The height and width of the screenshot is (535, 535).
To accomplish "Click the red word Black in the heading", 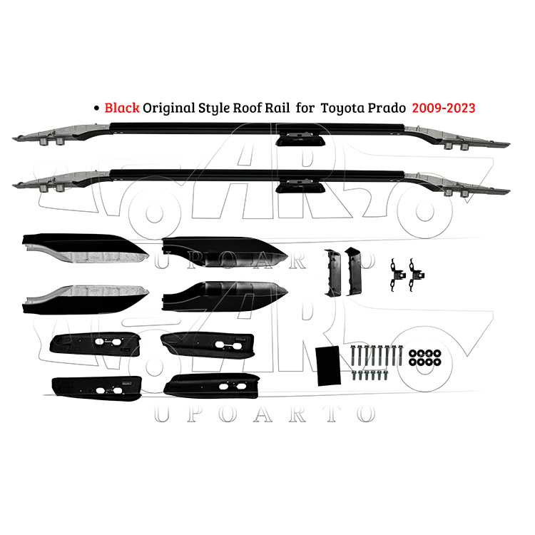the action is tap(122, 108).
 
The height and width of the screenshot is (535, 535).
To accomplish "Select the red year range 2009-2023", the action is tap(444, 108).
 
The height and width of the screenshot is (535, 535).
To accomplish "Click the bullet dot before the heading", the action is tap(96, 108).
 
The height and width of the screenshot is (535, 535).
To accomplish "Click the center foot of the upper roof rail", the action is tap(300, 138).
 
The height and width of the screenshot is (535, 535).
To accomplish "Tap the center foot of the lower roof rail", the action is tap(300, 185).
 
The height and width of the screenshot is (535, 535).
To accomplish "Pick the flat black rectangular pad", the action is tap(328, 366).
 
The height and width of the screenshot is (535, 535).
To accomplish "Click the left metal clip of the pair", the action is tap(397, 274).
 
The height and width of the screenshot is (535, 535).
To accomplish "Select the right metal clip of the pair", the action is tap(416, 274).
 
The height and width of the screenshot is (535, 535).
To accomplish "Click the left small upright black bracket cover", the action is tap(332, 273).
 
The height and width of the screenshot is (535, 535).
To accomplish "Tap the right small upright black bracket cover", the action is tap(353, 272).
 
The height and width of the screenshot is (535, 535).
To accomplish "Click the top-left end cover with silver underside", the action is tap(86, 248).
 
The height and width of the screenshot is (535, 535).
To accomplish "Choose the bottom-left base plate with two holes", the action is tap(97, 389).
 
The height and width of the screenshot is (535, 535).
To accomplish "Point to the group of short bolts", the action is tap(370, 374).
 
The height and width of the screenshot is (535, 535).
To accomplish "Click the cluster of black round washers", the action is tap(425, 357).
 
